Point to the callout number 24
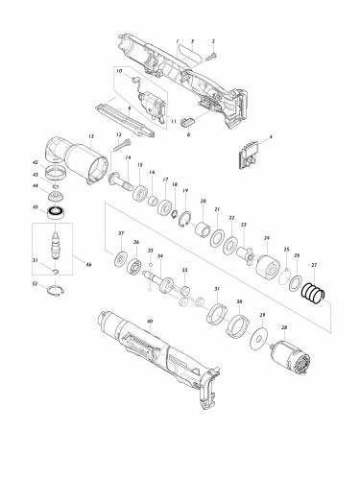[x=266, y=238]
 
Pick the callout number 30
[x=239, y=302]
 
